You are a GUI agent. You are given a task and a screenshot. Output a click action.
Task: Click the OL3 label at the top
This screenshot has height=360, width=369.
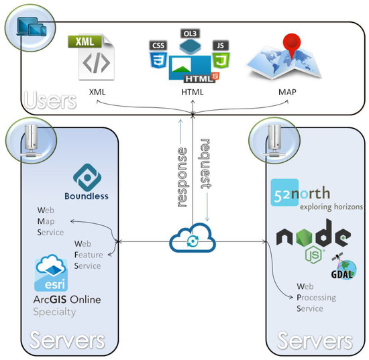tap(190, 33)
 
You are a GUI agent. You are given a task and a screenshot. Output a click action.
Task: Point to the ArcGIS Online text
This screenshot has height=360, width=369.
tap(67, 299)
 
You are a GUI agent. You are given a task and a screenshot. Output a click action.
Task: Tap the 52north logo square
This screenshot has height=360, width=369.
tap(286, 193)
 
